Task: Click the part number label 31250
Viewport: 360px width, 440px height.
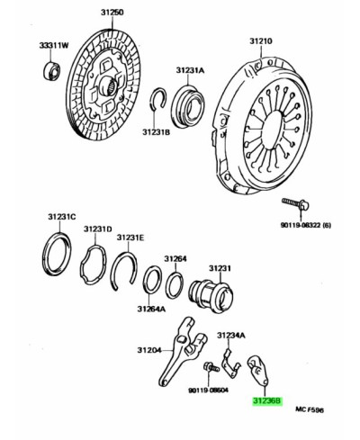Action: click(112, 13)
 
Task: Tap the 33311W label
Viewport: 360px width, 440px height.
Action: click(54, 45)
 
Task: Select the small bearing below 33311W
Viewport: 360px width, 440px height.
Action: click(51, 71)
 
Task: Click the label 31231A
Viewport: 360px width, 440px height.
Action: click(190, 70)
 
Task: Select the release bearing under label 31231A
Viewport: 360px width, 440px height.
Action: click(188, 106)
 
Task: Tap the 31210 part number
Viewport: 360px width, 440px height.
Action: click(261, 40)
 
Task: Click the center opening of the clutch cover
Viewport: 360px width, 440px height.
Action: click(272, 130)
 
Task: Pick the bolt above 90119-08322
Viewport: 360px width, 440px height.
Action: click(296, 205)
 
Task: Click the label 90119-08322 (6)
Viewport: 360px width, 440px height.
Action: click(306, 225)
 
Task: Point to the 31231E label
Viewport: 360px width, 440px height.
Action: click(130, 238)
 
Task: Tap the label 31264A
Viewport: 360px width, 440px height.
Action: click(151, 309)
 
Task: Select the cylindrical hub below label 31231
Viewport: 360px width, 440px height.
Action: click(211, 296)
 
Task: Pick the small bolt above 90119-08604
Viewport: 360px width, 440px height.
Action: click(211, 367)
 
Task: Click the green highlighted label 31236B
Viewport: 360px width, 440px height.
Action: click(267, 400)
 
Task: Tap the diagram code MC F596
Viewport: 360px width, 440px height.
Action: click(310, 409)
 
